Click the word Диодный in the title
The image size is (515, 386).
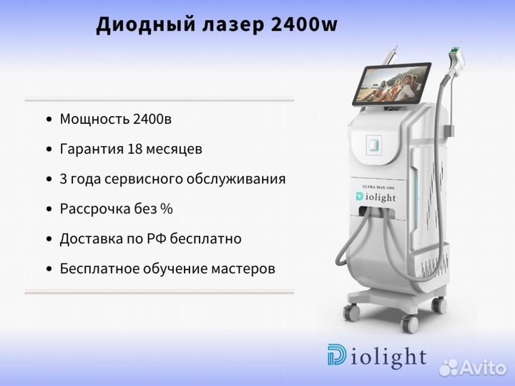click(x=146, y=25)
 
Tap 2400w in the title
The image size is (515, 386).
click(x=305, y=24)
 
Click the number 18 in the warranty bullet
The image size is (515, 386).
click(x=134, y=149)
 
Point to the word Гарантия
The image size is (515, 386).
click(x=92, y=150)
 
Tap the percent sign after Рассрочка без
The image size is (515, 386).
click(x=167, y=209)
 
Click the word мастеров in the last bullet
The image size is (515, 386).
click(x=243, y=269)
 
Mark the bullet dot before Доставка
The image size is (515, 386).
click(x=49, y=239)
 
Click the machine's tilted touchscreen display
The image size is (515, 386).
click(x=391, y=83)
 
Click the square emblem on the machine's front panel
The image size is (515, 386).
click(x=374, y=143)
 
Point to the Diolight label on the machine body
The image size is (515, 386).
click(x=376, y=197)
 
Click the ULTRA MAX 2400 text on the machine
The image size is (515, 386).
click(x=378, y=187)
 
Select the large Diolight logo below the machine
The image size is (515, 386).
click(x=377, y=356)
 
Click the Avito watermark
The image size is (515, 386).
click(x=473, y=367)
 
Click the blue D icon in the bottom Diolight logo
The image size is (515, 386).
click(x=336, y=354)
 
